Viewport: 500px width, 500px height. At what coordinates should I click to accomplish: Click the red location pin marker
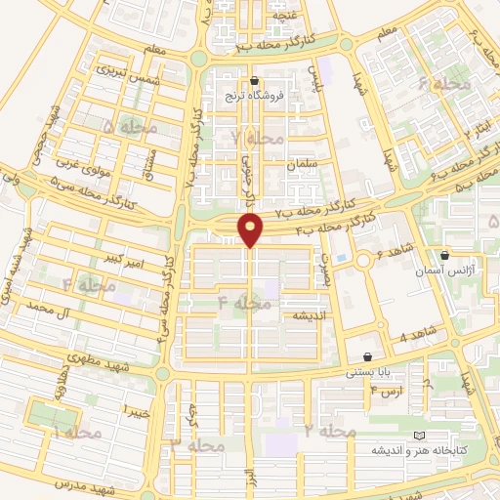pos(252,230)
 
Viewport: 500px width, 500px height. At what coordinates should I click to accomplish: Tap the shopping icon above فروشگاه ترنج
pos(256,81)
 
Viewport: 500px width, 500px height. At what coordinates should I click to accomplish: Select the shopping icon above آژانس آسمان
pos(444,254)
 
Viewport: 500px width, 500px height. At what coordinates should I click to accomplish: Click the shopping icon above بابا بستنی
pos(367,357)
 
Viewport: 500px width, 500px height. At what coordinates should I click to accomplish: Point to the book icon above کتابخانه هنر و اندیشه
pos(420,435)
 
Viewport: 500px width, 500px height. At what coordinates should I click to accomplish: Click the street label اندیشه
pos(301,317)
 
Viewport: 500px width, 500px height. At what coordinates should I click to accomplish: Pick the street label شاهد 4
pos(415,336)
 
